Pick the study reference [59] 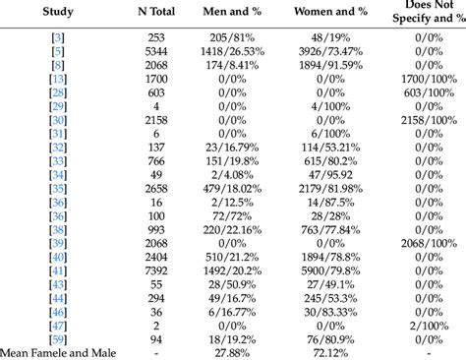coord(59,338)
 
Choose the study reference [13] coord(59,77)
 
